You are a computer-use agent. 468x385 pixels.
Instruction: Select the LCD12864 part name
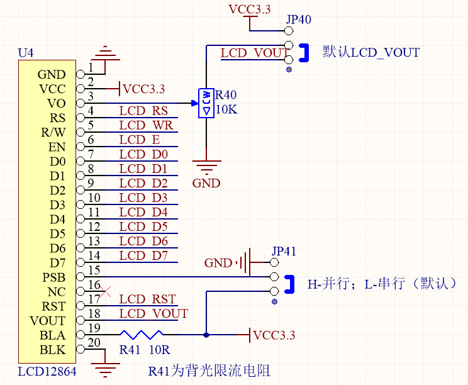(x=47, y=372)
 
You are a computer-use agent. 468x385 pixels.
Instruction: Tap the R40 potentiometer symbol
(x=206, y=103)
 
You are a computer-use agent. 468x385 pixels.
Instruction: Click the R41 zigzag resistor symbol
(x=142, y=335)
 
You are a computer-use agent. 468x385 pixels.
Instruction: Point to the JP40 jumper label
(x=298, y=20)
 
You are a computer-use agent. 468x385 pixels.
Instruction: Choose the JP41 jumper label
(x=283, y=251)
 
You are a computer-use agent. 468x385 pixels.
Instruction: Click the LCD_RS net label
(x=143, y=111)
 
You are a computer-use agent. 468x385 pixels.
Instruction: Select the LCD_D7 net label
(x=143, y=255)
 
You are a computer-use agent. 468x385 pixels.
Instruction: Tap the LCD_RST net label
(x=147, y=299)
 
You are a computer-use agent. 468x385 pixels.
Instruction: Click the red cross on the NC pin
(x=106, y=291)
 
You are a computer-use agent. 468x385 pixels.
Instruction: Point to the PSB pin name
(x=53, y=277)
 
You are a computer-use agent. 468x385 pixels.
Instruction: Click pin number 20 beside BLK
(x=94, y=343)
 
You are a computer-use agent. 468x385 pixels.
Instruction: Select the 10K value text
(x=226, y=109)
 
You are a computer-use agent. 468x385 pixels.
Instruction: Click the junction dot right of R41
(x=206, y=335)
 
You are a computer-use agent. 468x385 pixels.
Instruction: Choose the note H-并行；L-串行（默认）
(x=381, y=284)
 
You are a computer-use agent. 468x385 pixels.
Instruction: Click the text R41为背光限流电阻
(x=209, y=371)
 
